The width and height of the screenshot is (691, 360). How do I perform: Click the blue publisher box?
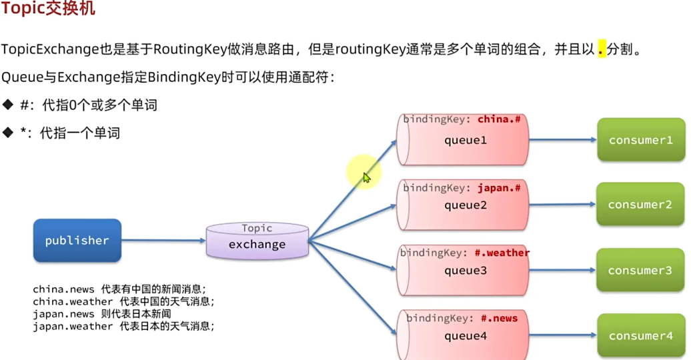[x=77, y=241]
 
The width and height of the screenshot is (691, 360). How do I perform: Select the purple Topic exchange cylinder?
[x=257, y=241]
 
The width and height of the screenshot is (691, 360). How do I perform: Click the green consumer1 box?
[x=641, y=140]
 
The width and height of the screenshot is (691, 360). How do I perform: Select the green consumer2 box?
[x=640, y=205]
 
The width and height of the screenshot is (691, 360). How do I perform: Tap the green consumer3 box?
[x=640, y=271]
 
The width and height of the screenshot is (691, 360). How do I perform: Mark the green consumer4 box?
[x=640, y=336]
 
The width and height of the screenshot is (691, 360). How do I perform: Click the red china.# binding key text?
[x=499, y=119]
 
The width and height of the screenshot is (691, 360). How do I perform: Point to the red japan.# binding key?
[x=499, y=188]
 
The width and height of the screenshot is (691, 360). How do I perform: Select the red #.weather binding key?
[x=502, y=253]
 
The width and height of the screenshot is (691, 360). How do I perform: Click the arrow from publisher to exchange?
[x=163, y=241]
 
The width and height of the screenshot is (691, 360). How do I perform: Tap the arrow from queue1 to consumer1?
[x=562, y=140]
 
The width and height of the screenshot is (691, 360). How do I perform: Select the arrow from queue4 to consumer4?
[x=562, y=335]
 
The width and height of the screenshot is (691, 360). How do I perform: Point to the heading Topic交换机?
[x=48, y=9]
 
